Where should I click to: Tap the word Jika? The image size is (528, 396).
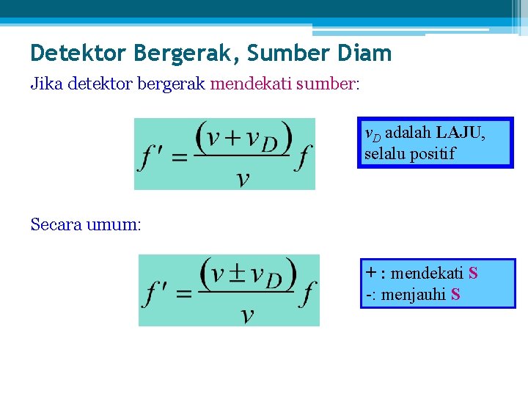pos(46,84)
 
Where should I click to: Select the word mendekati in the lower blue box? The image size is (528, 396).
pos(427,274)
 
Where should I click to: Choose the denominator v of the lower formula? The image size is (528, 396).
pos(247,315)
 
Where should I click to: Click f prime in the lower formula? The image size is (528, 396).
pos(158,294)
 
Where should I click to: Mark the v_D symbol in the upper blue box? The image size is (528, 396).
pos(373,134)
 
